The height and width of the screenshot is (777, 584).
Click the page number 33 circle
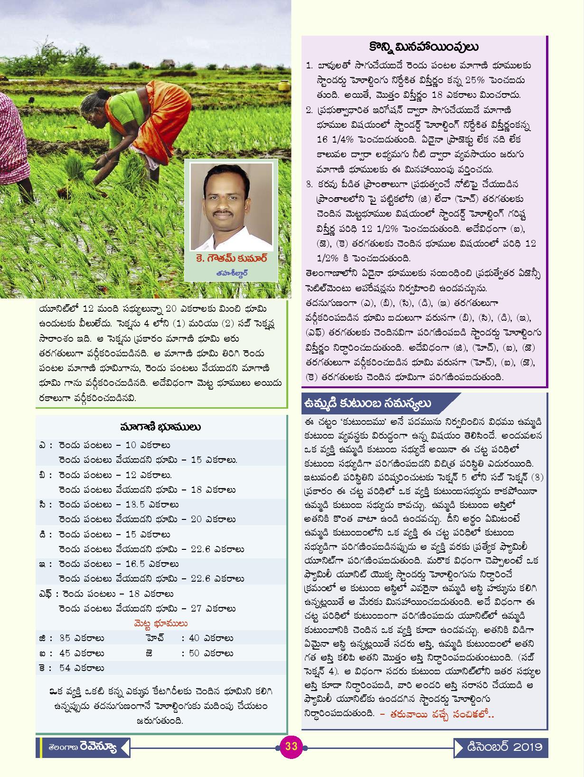point(291,746)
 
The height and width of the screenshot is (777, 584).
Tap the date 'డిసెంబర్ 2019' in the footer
point(504,747)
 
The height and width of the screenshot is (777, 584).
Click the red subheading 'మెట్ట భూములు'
point(160,623)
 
